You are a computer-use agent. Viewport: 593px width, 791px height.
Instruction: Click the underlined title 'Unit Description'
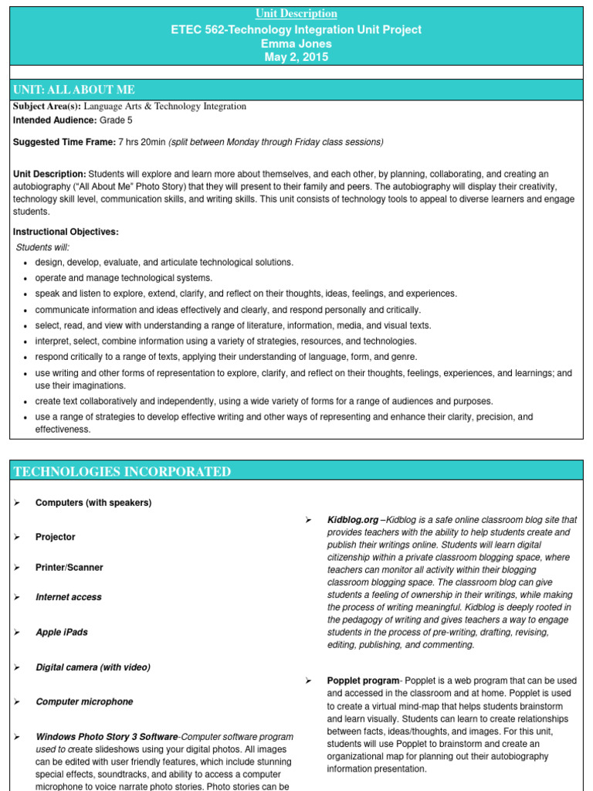296,13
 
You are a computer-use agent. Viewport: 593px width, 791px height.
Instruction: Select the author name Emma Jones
296,43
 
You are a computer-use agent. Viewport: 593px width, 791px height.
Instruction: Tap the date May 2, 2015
296,57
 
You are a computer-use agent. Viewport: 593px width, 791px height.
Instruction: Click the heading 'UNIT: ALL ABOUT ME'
74,90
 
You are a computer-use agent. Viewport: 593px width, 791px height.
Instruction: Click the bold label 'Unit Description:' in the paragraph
49,174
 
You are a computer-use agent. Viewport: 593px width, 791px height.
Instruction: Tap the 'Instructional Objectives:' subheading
66,232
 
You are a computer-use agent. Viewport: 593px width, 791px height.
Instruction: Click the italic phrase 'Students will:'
42,247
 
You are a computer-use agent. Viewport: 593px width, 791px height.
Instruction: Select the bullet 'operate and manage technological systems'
124,278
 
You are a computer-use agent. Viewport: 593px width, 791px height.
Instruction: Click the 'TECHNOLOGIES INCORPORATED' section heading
121,471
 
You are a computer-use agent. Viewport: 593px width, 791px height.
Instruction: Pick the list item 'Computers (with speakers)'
93,503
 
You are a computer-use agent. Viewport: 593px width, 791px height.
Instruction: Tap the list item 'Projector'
56,537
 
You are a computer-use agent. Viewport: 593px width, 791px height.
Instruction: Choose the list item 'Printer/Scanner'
69,568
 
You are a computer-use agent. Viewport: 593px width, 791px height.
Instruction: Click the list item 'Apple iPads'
62,633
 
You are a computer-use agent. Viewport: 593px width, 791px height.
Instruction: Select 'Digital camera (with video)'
93,667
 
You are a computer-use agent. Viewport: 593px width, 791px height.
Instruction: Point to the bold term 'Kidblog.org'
353,521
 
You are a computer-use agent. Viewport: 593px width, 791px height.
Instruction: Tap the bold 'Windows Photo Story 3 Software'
107,737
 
